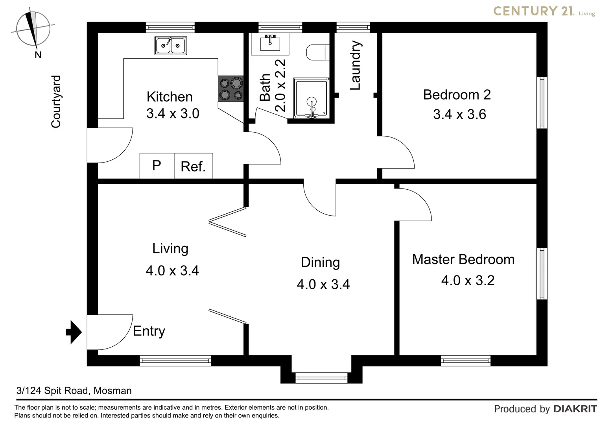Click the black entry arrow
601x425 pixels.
[74, 332]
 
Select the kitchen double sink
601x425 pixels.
[171, 45]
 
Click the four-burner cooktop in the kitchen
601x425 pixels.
[231, 89]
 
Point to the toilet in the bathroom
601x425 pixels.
[317, 52]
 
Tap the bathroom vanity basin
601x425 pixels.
[270, 44]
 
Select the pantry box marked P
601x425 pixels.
[157, 166]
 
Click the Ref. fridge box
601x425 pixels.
[193, 166]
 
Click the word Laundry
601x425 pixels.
[355, 65]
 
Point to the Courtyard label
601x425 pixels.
[56, 102]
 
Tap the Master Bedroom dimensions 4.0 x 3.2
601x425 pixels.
[468, 281]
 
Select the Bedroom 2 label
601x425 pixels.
[457, 95]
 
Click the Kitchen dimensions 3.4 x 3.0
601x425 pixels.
[173, 114]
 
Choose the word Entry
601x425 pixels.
[149, 331]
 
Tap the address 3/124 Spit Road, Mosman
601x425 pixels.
[74, 391]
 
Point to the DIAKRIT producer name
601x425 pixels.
[575, 409]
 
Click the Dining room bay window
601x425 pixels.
[321, 378]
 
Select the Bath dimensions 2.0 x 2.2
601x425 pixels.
[280, 85]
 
